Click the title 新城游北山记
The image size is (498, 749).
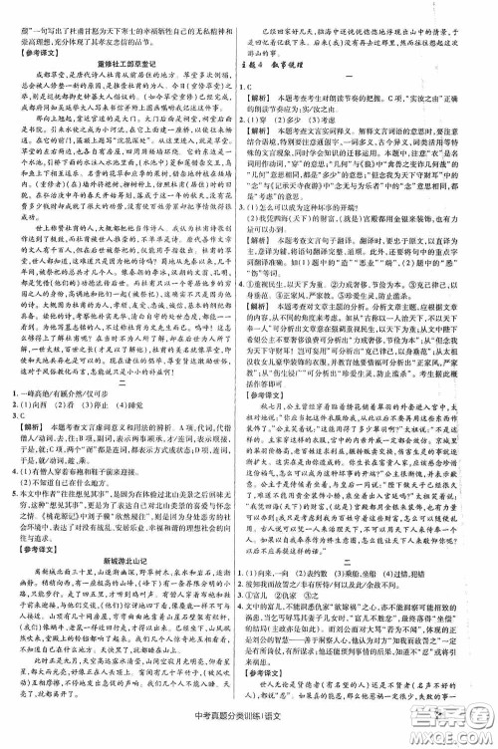coord(124,555)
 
